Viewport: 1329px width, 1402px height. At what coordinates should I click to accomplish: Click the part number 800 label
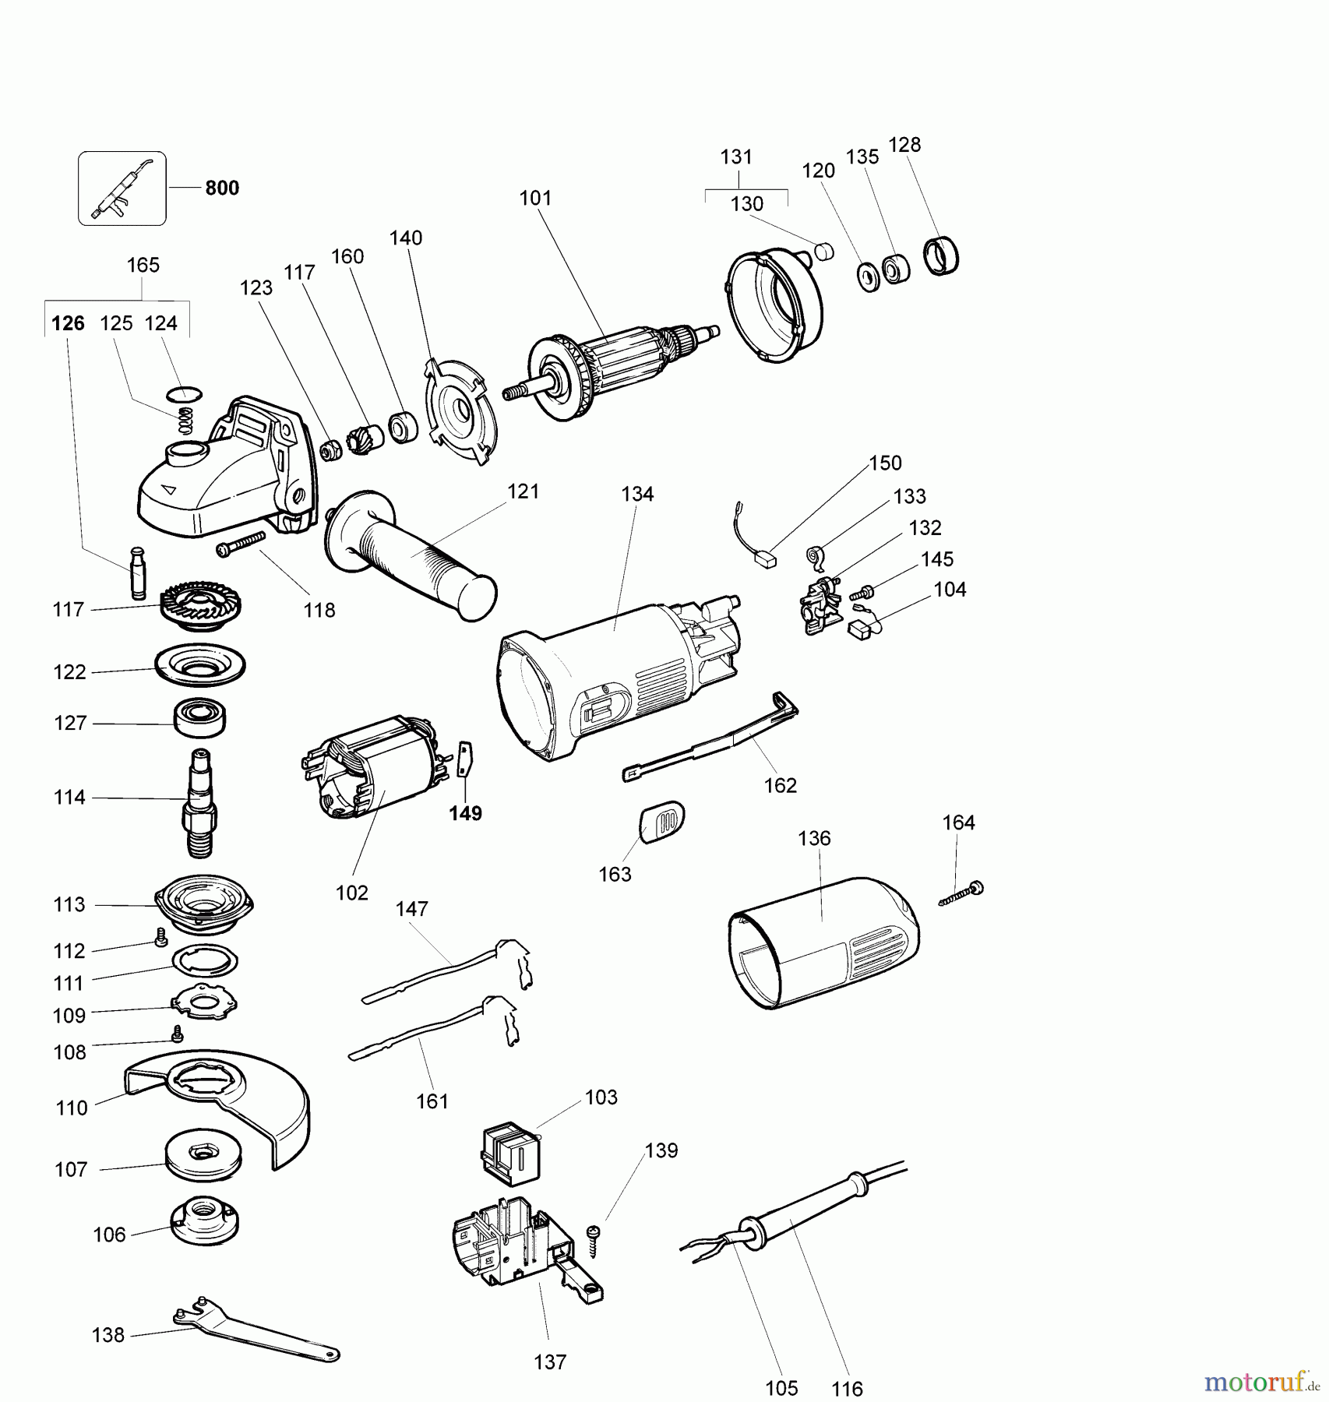point(222,188)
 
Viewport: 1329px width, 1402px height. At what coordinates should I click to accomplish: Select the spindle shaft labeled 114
point(200,802)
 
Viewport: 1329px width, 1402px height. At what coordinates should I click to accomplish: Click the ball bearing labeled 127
point(200,717)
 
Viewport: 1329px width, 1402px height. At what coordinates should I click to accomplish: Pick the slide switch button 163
point(662,822)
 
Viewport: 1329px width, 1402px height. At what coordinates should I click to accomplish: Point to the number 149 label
point(465,813)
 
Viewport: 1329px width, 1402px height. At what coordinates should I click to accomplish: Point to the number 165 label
point(143,265)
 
